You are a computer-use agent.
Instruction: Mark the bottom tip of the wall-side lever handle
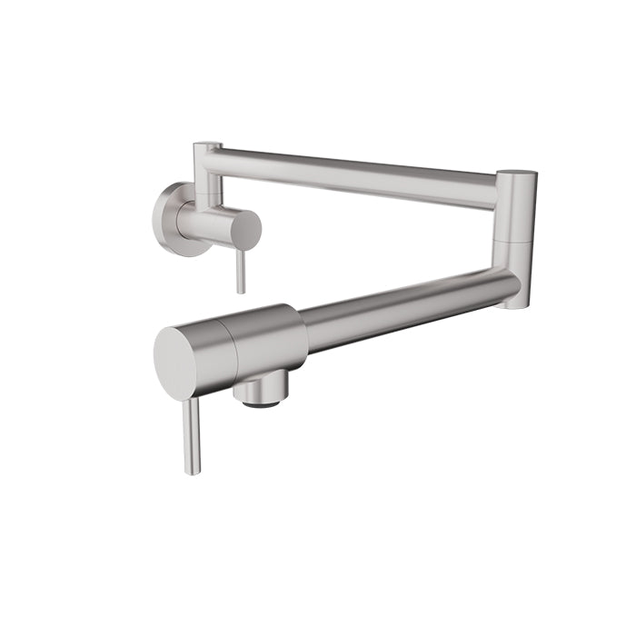coord(241,291)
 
